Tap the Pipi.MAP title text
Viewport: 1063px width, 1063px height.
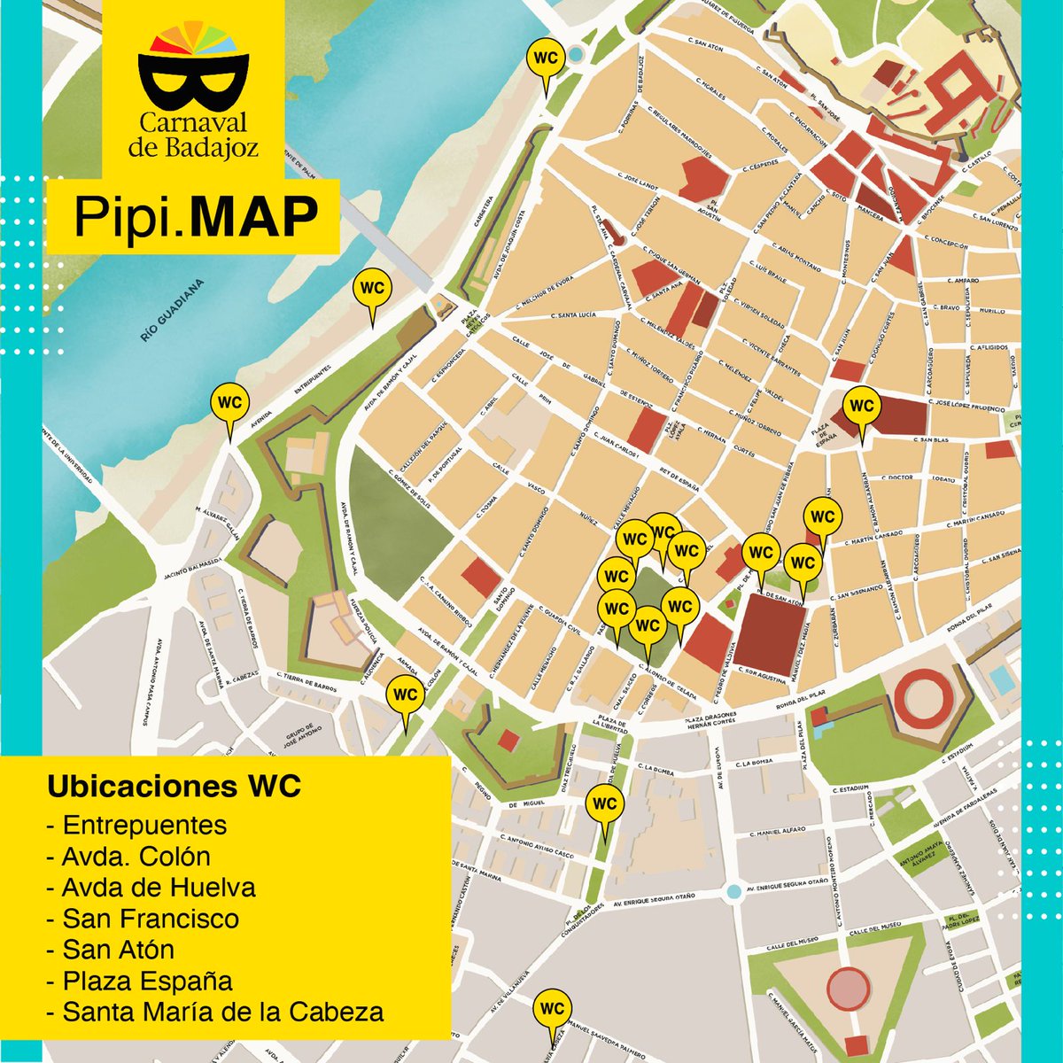195,216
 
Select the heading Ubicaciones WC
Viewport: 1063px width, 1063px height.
174,787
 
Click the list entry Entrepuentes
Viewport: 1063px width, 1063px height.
144,825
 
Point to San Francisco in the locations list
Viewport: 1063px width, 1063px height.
150,918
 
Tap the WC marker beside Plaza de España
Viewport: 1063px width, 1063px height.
860,407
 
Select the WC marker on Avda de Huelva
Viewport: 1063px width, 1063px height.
604,805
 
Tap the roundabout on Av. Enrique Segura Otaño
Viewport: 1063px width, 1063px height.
733,891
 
